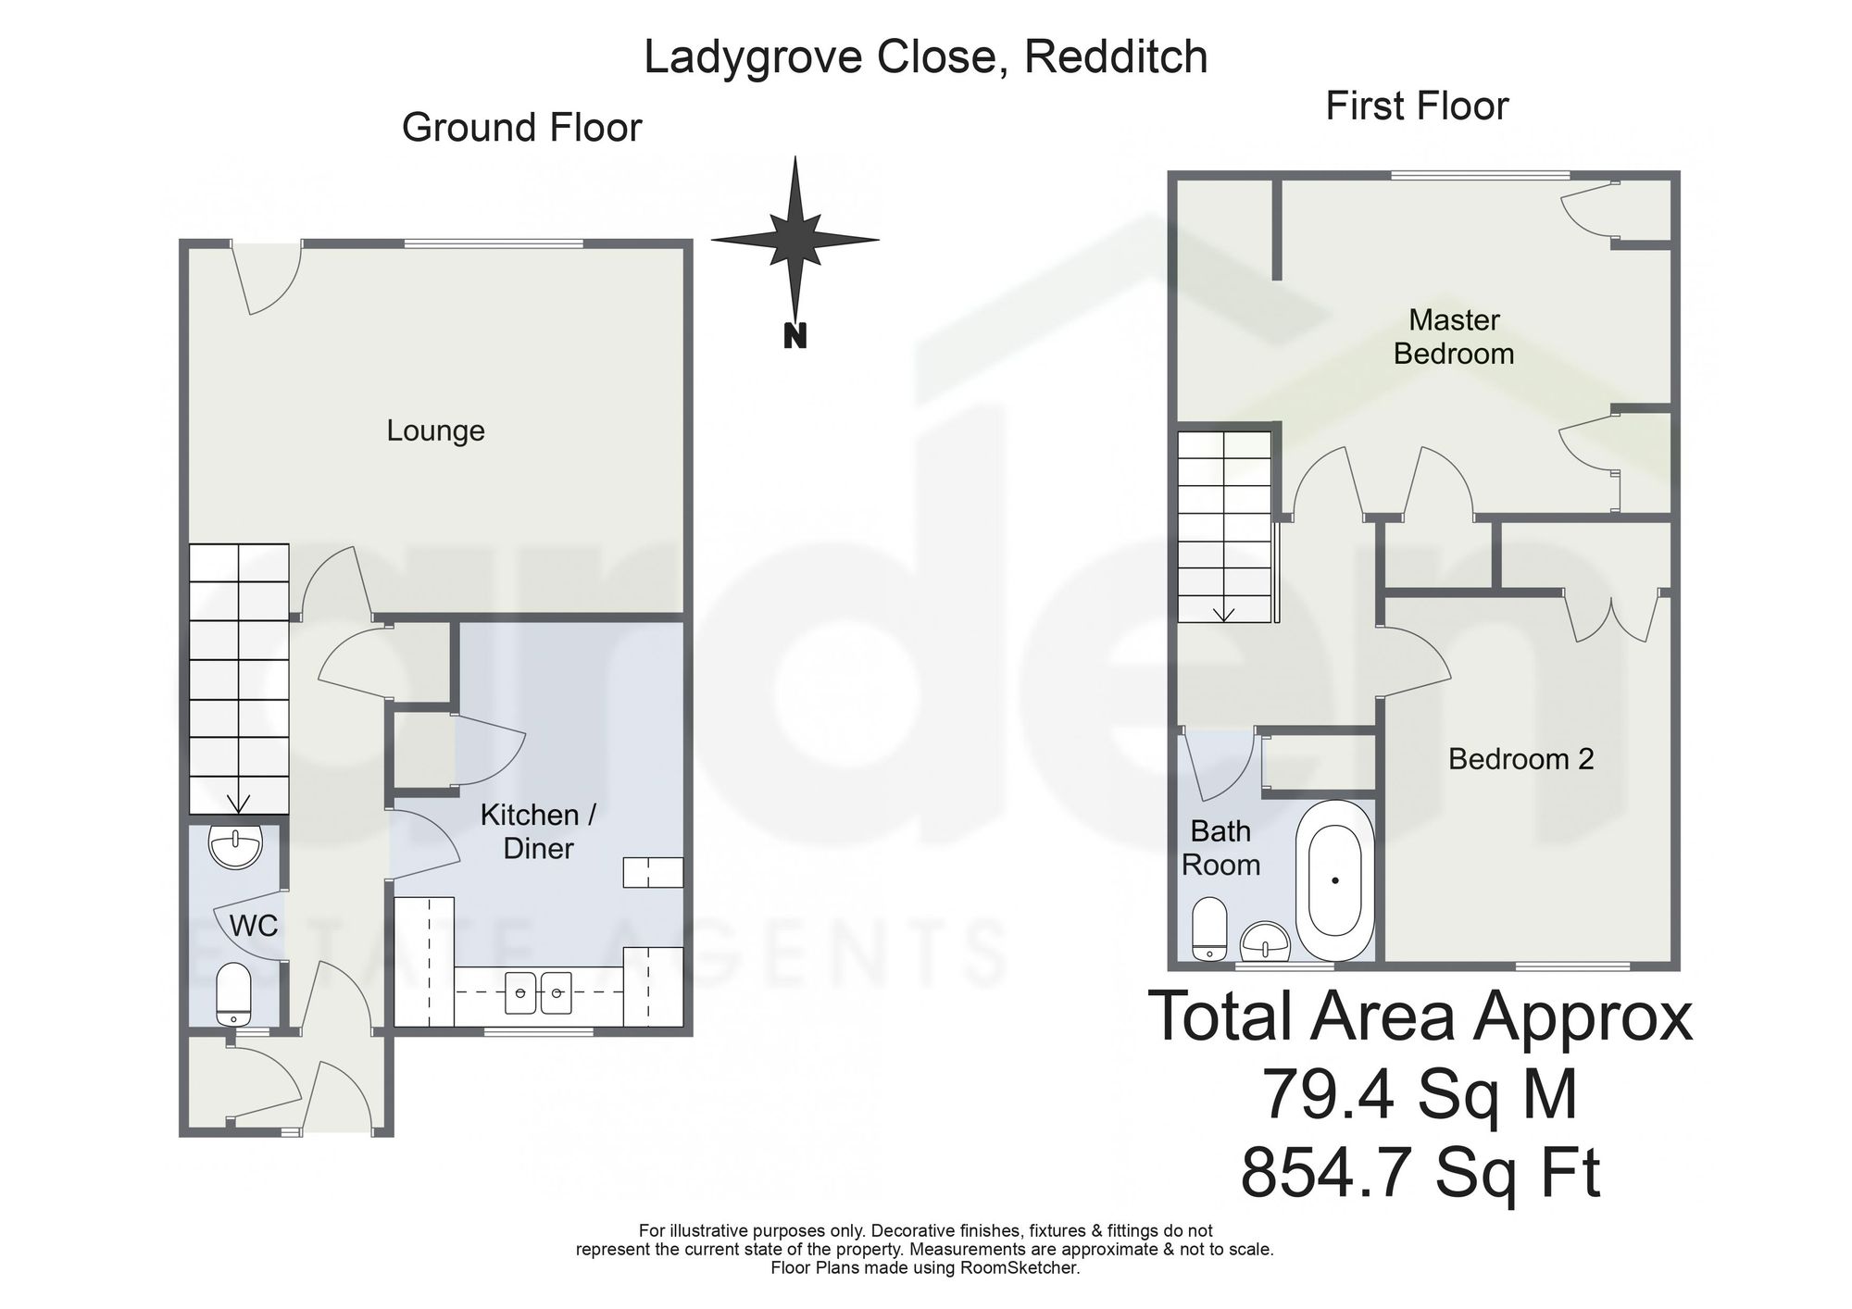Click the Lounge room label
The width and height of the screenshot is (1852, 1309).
(x=435, y=430)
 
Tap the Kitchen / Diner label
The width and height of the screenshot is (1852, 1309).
(x=538, y=831)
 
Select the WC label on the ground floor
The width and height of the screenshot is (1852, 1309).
(x=254, y=925)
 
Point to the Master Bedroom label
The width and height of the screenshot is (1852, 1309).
(x=1454, y=337)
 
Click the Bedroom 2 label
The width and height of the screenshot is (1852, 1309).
(x=1521, y=759)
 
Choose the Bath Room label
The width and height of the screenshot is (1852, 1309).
(x=1221, y=848)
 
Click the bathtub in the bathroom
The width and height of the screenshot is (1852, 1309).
(x=1334, y=880)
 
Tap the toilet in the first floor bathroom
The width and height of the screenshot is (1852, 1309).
(x=1209, y=929)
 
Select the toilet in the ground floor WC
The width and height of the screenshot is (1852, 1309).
(x=233, y=994)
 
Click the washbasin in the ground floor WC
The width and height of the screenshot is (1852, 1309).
(x=236, y=846)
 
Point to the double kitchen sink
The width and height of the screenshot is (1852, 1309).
(x=538, y=992)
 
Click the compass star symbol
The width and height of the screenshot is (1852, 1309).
(x=795, y=239)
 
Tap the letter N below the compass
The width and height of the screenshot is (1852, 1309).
(x=795, y=335)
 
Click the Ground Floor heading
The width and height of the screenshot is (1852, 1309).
(x=521, y=128)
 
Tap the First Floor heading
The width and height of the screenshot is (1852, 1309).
(x=1417, y=106)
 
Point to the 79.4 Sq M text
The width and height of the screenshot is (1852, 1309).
(x=1420, y=1095)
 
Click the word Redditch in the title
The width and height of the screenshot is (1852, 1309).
(x=1117, y=56)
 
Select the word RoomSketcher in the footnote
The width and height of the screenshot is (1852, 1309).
(x=1025, y=1268)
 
